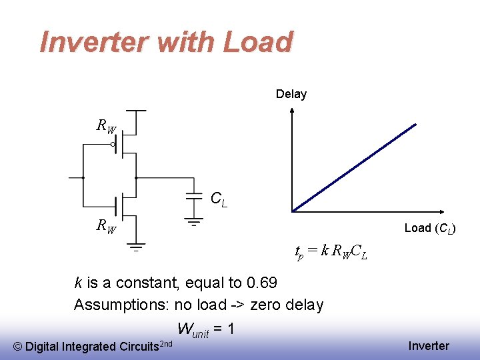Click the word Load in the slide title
coord(258,42)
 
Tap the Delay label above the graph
coord(291,94)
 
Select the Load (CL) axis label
coord(430,228)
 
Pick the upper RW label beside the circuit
coord(106,125)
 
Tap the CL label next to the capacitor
coord(219,199)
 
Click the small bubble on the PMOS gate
coord(113,144)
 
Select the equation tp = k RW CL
coord(331,252)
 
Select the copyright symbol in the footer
coord(18,347)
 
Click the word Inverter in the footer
coord(429,345)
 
